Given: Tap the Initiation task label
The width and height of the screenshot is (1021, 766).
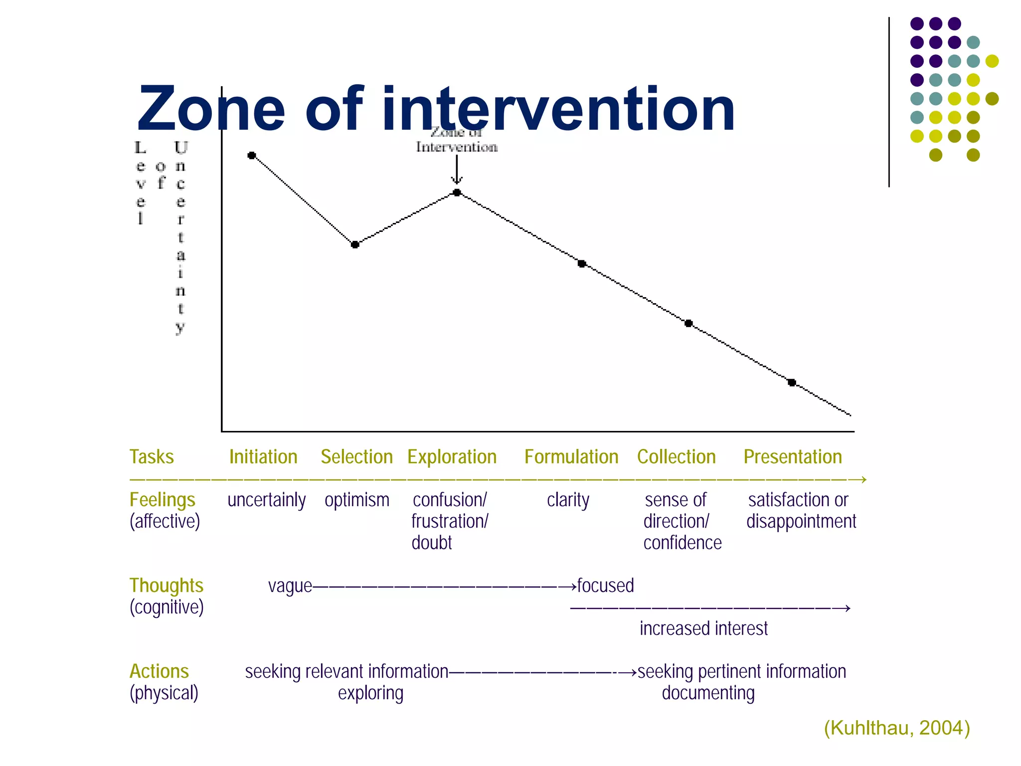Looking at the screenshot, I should (263, 457).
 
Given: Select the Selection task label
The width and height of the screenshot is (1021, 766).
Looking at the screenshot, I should (356, 457).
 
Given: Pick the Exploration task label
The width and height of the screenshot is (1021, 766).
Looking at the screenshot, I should (452, 457).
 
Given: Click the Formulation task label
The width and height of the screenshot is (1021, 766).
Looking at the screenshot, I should (571, 457).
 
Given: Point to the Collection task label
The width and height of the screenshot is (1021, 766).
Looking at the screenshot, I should (676, 457).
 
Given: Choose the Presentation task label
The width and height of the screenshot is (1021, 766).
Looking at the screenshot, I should (793, 457).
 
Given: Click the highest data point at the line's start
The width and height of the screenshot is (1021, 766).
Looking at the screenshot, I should (252, 156).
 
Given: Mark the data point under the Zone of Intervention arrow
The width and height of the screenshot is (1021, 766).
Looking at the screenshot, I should (457, 192).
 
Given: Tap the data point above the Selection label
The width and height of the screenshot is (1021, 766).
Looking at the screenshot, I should (355, 244).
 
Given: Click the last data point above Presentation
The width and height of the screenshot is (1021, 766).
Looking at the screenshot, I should (792, 383).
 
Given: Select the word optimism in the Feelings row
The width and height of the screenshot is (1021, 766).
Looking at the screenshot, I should (357, 500).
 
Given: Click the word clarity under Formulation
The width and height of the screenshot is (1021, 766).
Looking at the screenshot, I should (568, 500).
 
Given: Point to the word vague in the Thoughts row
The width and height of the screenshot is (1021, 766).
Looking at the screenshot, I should (290, 586).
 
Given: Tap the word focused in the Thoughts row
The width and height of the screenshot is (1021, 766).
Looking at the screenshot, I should (605, 585).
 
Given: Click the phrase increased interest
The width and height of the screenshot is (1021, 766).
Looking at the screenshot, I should (703, 628).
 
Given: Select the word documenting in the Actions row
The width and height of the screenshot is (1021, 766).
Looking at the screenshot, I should (708, 693).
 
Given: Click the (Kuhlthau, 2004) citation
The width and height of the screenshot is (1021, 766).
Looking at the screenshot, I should (896, 728).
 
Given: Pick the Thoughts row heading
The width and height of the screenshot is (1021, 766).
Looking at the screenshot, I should (167, 586).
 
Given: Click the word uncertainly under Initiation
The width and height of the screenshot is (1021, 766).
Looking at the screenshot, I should (266, 500).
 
